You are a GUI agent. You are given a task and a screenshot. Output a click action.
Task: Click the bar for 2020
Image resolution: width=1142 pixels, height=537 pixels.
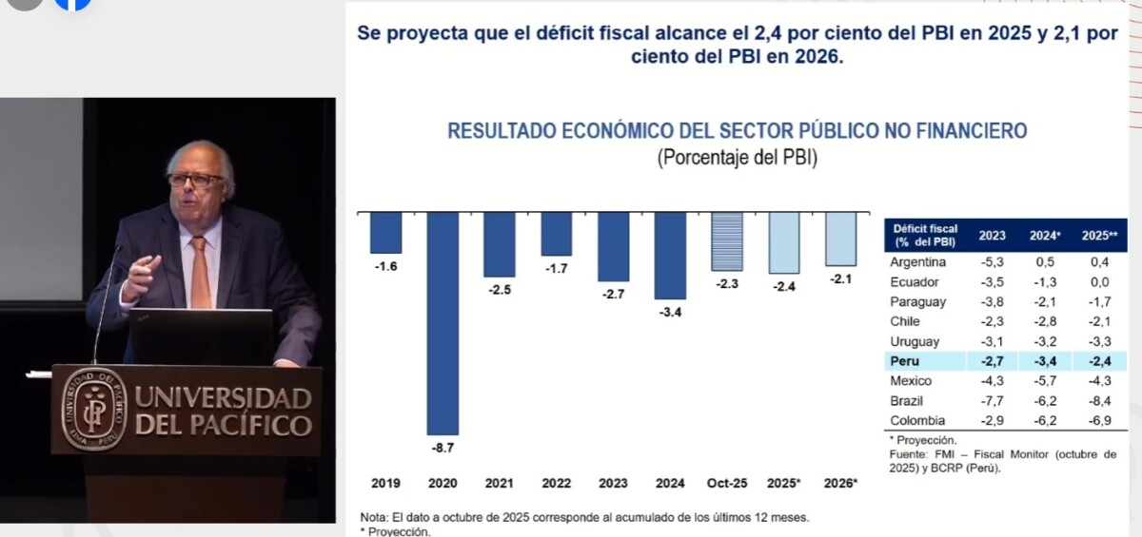[442, 323]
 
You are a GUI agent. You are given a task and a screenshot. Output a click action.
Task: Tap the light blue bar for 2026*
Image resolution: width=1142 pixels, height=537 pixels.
[841, 239]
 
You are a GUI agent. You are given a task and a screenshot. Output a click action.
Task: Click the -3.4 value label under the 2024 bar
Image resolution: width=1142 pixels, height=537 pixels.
[670, 312]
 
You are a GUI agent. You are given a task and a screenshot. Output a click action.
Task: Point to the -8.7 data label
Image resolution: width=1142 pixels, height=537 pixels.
[443, 447]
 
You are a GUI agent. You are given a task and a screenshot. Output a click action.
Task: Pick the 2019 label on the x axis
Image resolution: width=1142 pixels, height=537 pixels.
[384, 483]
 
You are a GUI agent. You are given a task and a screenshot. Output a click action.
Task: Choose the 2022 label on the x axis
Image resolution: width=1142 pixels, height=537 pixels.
[557, 483]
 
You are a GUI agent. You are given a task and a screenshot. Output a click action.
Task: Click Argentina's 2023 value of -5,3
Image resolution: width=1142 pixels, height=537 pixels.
[993, 262]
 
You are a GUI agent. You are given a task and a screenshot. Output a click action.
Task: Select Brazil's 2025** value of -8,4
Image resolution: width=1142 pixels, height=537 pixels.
[1096, 401]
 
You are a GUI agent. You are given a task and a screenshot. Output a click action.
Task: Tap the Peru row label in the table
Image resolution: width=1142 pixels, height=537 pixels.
[904, 361]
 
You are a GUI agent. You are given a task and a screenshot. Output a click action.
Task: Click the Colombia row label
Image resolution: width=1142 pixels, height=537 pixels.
[917, 421]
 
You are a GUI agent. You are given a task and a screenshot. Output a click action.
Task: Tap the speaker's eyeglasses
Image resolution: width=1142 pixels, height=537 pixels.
[195, 179]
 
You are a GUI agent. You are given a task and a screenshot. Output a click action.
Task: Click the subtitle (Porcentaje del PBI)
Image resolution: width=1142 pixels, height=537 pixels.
[738, 158]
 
